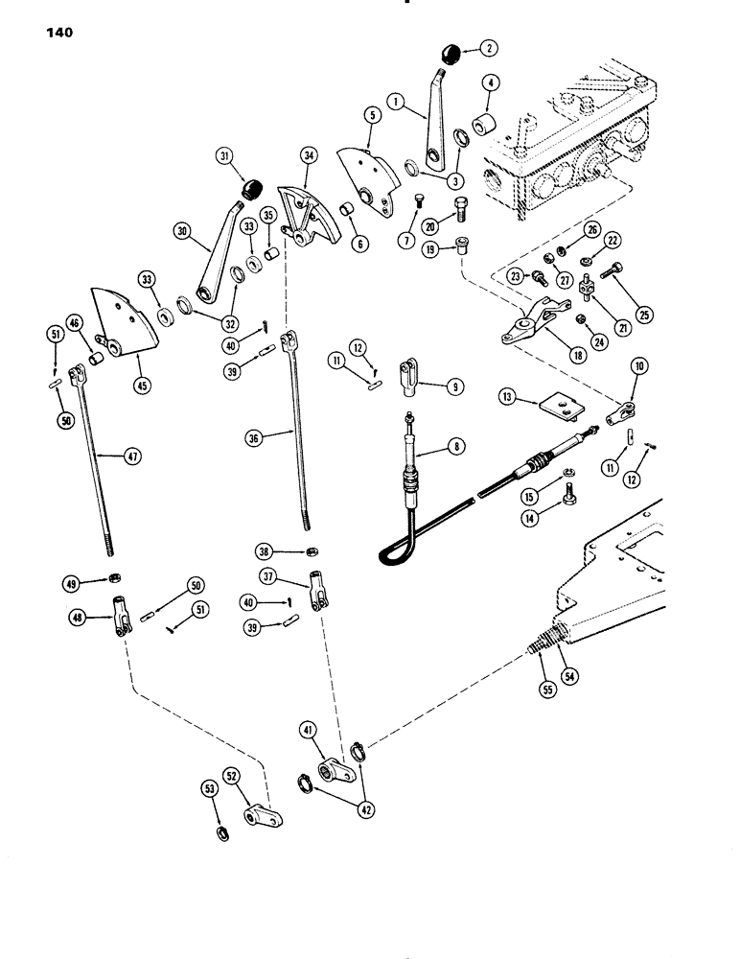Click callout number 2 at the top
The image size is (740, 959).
489,46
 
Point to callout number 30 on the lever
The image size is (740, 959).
182,230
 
